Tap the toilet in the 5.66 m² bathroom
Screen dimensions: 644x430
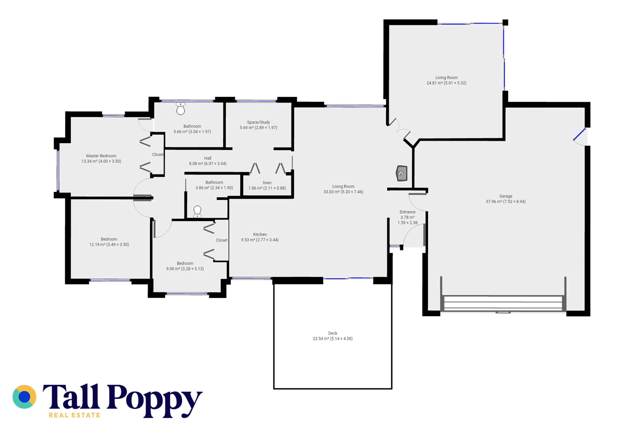181,109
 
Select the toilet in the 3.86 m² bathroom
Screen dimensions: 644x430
197,212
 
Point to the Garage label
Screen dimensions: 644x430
506,196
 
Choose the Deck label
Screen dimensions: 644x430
333,333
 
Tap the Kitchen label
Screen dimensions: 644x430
260,234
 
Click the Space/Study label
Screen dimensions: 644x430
258,122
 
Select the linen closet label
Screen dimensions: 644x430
267,183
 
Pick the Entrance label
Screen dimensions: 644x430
407,212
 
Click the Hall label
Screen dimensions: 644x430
208,158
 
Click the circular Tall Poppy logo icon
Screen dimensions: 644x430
24,397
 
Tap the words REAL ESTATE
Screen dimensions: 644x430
74,415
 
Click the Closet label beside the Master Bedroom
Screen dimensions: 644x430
158,155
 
